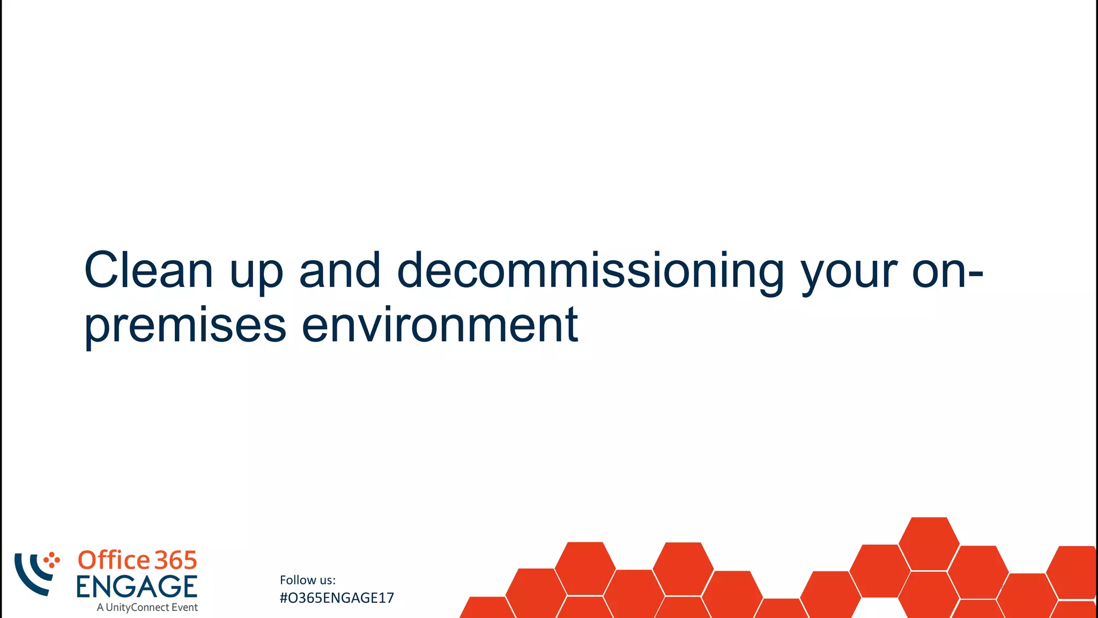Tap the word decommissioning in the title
point(590,271)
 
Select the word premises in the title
point(186,325)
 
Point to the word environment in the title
point(440,324)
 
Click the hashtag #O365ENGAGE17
point(337,598)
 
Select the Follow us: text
point(308,580)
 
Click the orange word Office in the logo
point(114,560)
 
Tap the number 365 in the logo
point(176,561)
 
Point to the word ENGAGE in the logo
point(137,586)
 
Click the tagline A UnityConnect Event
point(147,607)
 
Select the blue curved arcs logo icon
point(32,574)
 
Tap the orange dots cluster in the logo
point(52,560)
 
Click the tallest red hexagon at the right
point(929,543)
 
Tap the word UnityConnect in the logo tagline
point(137,607)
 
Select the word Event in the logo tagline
point(184,607)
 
